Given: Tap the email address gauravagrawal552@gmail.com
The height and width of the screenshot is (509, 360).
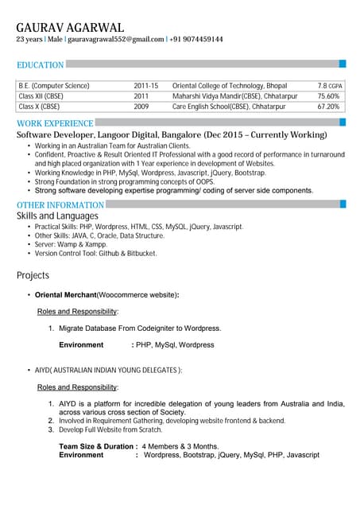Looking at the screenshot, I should (116, 39).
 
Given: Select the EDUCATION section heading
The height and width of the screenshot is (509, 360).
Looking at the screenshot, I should (41, 65).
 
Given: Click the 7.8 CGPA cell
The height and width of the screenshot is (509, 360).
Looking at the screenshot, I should (330, 85).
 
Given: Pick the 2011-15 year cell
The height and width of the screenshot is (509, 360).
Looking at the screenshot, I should (146, 85).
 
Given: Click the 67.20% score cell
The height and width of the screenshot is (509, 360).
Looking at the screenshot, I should (328, 106).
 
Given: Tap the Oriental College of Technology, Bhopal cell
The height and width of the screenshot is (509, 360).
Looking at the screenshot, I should (230, 85).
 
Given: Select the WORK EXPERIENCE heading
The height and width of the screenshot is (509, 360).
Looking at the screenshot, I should (55, 123).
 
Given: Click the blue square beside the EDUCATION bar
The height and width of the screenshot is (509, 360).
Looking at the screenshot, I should (343, 64).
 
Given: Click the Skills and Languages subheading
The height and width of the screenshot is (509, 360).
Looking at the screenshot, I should (57, 216).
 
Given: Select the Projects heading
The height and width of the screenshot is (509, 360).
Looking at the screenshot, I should (33, 276).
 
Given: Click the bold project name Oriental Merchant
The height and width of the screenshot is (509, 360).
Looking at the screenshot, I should (65, 295).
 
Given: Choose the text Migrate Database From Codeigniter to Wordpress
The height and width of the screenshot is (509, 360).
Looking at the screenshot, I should (140, 328).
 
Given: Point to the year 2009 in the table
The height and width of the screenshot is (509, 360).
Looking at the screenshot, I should (141, 106).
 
